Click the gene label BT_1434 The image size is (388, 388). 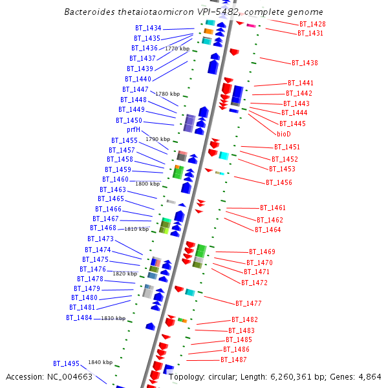[x=148, y=28]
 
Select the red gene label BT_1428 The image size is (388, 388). [x=312, y=24]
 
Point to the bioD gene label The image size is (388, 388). [x=284, y=134]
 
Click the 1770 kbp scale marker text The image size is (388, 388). [x=177, y=48]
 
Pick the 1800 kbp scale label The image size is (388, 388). [x=147, y=184]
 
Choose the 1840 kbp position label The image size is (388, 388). [x=100, y=362]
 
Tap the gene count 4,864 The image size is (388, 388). [x=369, y=377]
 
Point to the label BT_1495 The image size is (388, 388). [x=66, y=363]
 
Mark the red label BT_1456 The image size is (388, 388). [x=279, y=182]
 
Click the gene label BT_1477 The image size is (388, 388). [x=248, y=303]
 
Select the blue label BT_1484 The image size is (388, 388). [x=79, y=318]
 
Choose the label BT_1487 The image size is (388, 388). [x=233, y=360]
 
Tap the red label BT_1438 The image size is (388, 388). [x=305, y=63]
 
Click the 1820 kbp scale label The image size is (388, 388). [x=125, y=274]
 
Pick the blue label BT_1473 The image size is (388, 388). [x=100, y=239]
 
